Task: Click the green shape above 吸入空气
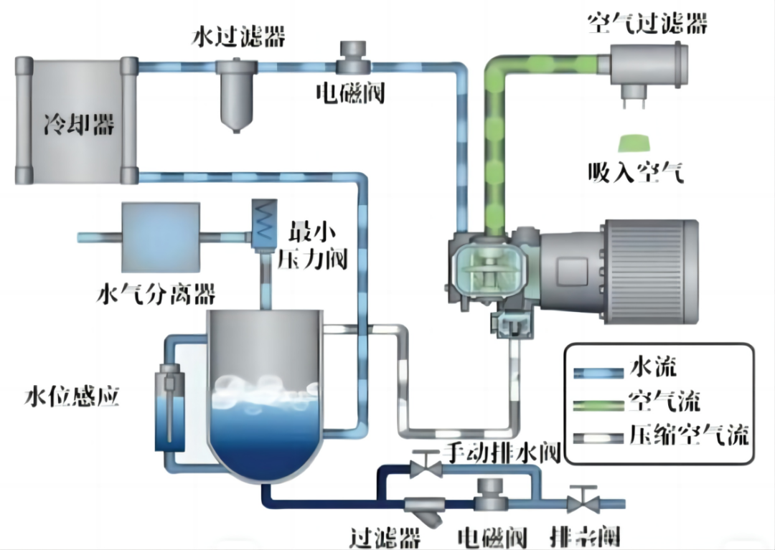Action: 633,144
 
